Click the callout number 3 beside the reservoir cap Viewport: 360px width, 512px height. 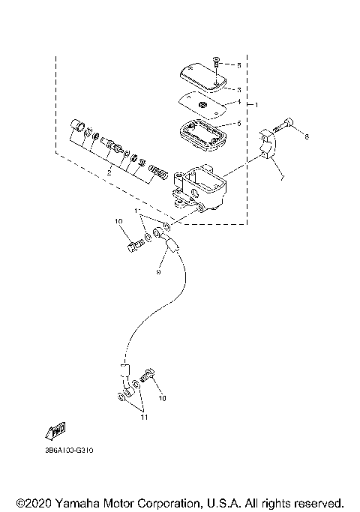[x=238, y=88]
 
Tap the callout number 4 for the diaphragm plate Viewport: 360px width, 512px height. [x=238, y=101]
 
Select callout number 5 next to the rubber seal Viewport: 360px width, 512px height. [x=238, y=124]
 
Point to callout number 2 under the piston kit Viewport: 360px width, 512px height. [x=109, y=172]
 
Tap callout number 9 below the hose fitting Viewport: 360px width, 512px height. [x=158, y=273]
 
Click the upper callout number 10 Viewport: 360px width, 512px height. [x=118, y=222]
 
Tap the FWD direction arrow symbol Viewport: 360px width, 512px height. [x=55, y=431]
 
